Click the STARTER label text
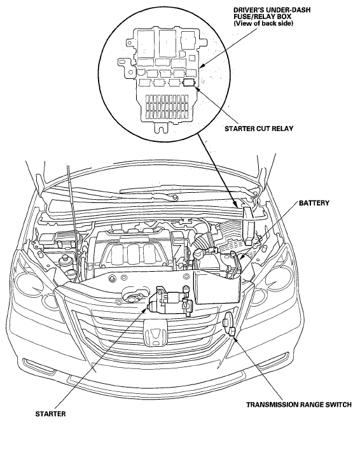(50, 414)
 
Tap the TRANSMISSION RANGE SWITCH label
(299, 405)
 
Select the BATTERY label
(314, 203)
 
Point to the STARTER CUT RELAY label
(259, 129)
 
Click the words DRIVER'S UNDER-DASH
(272, 10)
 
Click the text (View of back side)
(263, 23)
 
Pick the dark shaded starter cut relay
(190, 81)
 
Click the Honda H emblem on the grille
(155, 333)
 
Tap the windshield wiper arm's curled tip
(174, 198)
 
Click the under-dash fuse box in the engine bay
(248, 221)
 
